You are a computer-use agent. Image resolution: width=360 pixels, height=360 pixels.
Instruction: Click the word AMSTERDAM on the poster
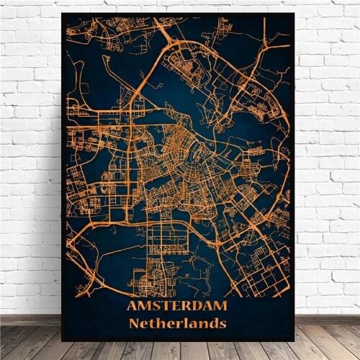point(176,306)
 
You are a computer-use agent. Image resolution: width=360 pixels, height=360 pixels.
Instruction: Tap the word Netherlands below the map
point(177,323)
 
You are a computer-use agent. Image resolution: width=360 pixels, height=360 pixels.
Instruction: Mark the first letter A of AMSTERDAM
point(132,306)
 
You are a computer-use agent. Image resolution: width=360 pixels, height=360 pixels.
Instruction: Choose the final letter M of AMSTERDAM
point(221,306)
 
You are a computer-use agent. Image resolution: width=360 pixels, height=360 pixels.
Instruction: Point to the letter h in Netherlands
point(160,323)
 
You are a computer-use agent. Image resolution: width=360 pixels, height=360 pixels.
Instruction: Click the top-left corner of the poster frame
point(61,12)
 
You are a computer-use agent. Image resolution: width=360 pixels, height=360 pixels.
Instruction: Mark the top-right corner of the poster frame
point(295,13)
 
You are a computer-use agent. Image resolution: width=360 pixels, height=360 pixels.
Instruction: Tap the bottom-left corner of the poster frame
point(62,340)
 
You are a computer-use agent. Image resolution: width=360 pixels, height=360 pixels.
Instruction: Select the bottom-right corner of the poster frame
point(294,340)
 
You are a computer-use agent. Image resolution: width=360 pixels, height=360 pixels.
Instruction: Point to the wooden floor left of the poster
point(29,338)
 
